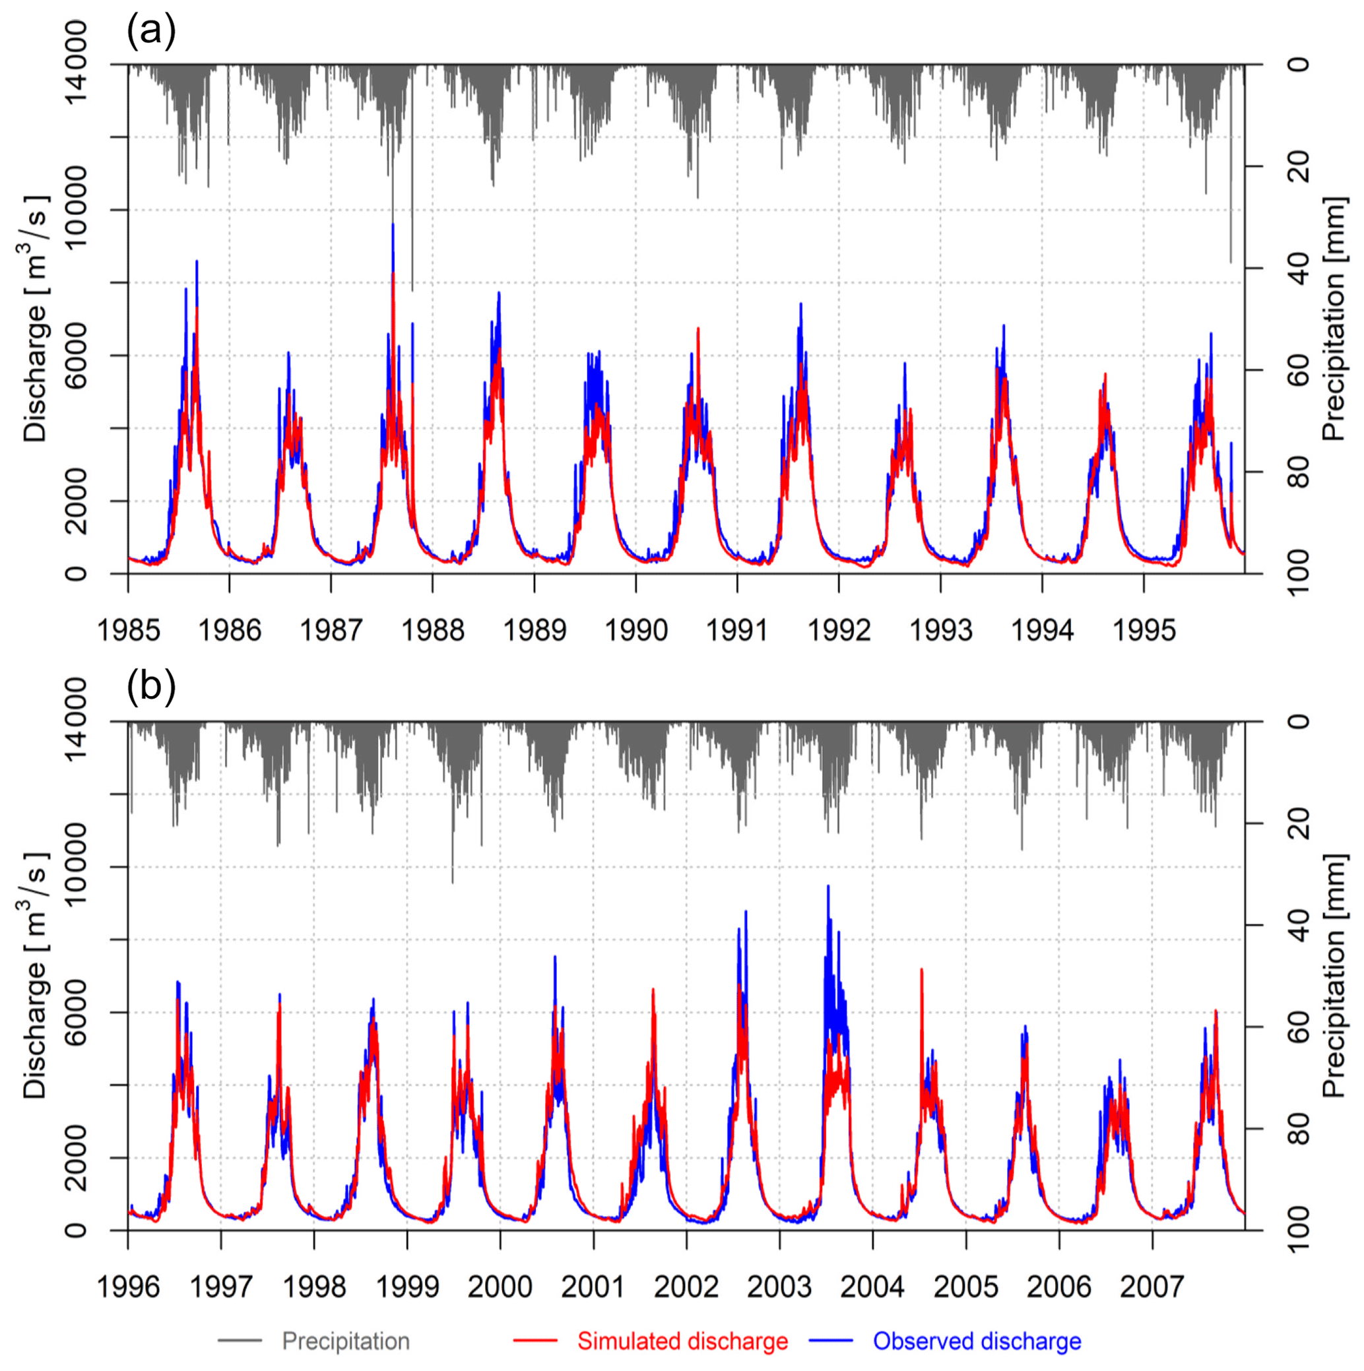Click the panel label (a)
click(151, 31)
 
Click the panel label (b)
click(151, 687)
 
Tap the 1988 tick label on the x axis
click(433, 630)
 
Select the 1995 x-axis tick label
click(1144, 630)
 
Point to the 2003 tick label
click(779, 1287)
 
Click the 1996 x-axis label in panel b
click(128, 1287)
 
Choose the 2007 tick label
click(1152, 1287)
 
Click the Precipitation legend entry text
click(346, 1341)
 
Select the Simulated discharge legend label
click(682, 1341)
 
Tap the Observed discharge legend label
click(977, 1341)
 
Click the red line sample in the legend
click(535, 1341)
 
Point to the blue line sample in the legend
click(829, 1341)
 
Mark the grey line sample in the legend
click(240, 1341)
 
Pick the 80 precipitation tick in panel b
click(1298, 1129)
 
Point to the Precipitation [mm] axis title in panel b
click(1334, 976)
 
